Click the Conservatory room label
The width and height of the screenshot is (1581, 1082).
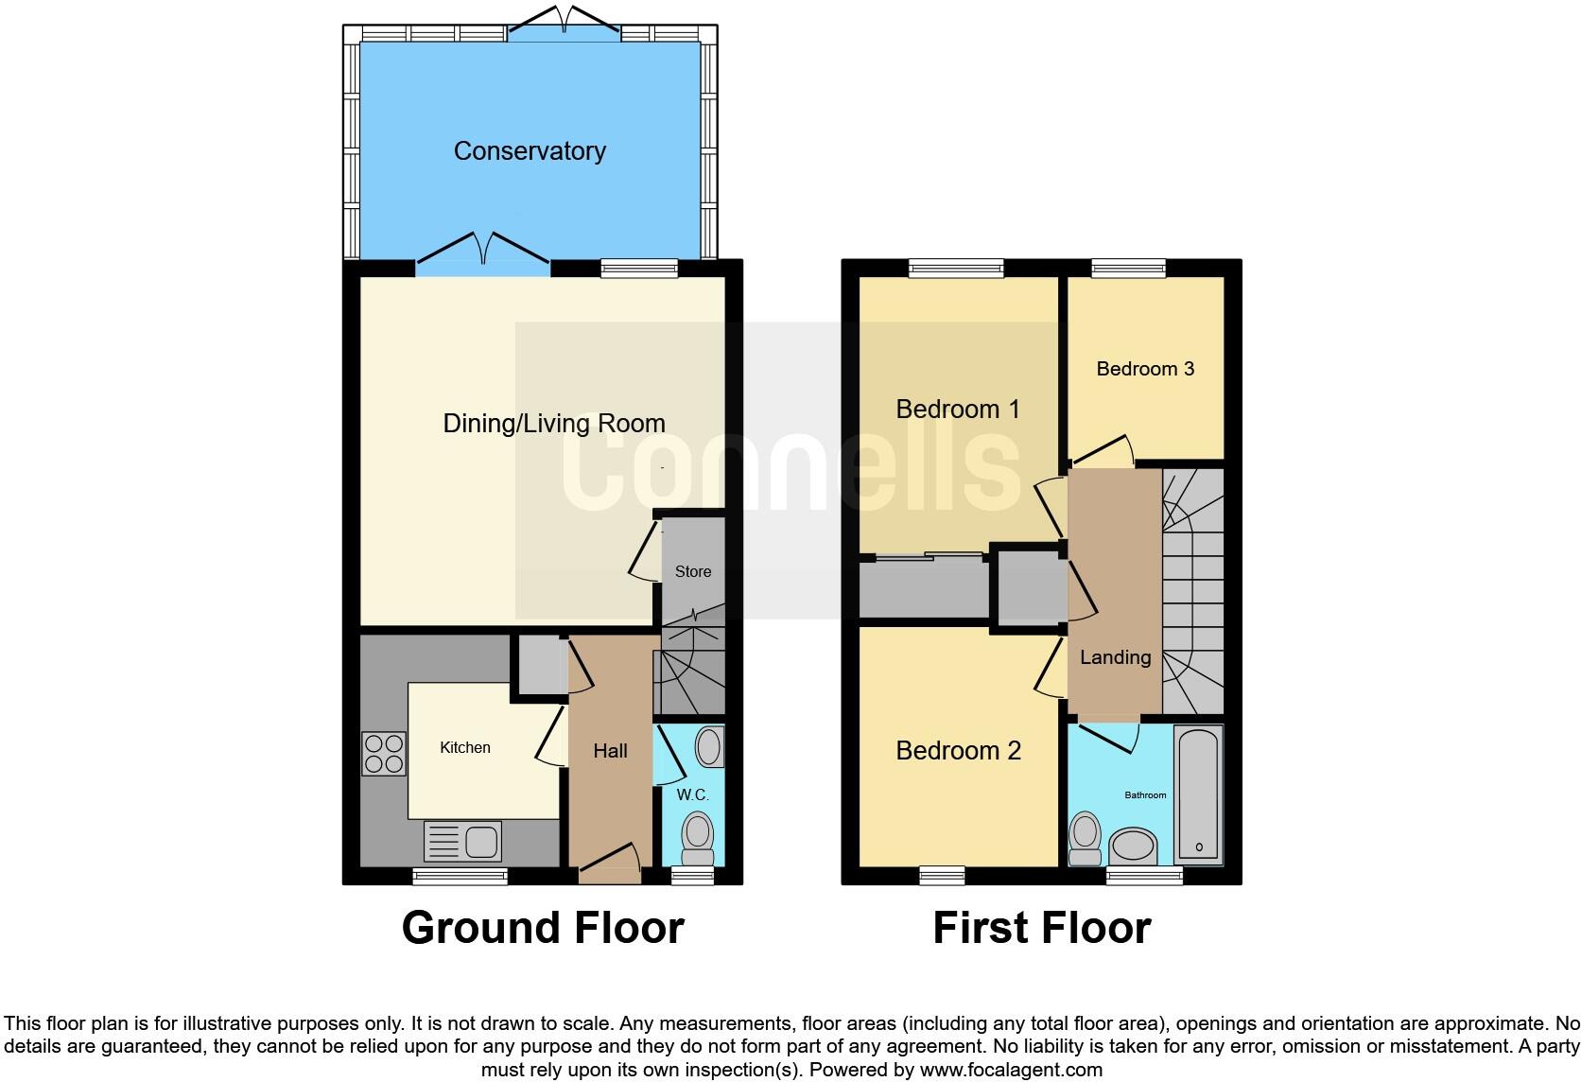(530, 151)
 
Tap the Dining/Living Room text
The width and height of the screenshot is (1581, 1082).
(554, 423)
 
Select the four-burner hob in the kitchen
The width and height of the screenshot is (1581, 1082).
(384, 754)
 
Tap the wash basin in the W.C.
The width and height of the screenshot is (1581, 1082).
(710, 746)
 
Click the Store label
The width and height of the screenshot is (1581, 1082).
(693, 572)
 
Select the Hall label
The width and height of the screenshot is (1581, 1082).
(610, 751)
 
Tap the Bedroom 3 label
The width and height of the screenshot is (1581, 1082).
(1145, 369)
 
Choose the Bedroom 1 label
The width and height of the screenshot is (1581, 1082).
(958, 410)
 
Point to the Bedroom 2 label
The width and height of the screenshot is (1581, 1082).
(958, 751)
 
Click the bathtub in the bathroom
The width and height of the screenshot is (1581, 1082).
(1198, 794)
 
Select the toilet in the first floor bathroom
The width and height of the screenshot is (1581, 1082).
(1085, 838)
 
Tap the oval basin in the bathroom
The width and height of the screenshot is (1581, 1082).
(1132, 846)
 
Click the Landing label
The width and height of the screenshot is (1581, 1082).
(1115, 657)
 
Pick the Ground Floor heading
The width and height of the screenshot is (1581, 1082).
(543, 928)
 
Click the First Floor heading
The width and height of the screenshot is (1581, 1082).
(1041, 928)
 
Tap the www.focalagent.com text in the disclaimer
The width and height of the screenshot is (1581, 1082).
(1011, 1070)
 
